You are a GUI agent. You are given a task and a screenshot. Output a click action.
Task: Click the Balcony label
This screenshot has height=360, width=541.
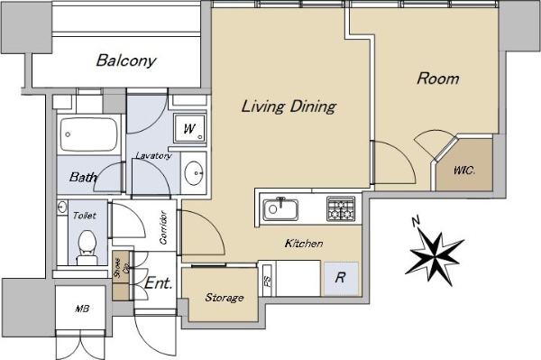point(126,60)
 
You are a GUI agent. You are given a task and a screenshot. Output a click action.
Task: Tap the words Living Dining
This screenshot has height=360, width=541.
point(289,106)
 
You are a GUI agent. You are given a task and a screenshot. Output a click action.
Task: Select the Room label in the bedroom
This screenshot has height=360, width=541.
point(438,78)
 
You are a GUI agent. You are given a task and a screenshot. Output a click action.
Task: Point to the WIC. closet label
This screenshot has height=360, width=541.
point(464,171)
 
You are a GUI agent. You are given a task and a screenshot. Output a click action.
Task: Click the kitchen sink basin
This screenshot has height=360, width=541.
point(280,209)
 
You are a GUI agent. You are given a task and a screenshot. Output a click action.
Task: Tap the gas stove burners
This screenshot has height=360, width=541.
point(341,208)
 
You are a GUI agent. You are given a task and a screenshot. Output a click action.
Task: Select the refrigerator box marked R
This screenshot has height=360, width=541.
point(341,278)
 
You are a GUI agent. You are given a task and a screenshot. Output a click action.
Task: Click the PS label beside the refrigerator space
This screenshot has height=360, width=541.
point(268,281)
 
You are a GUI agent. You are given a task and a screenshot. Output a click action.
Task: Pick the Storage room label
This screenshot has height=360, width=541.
point(225,297)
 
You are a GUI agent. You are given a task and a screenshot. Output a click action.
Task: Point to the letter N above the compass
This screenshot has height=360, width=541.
point(416,221)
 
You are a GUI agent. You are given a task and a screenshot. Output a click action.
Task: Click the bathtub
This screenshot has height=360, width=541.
point(88,134)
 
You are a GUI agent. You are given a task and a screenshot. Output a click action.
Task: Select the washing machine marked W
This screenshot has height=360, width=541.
point(189,128)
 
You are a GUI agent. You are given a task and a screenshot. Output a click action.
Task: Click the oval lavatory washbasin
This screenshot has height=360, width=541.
point(193,172)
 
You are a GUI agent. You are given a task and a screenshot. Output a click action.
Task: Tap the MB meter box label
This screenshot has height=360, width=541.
point(82,309)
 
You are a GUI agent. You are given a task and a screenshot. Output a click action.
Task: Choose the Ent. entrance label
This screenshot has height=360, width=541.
point(158,283)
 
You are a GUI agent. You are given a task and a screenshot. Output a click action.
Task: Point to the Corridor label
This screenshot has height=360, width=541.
point(163,227)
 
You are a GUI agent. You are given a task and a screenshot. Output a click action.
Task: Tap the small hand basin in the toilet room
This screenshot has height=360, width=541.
point(62,208)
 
